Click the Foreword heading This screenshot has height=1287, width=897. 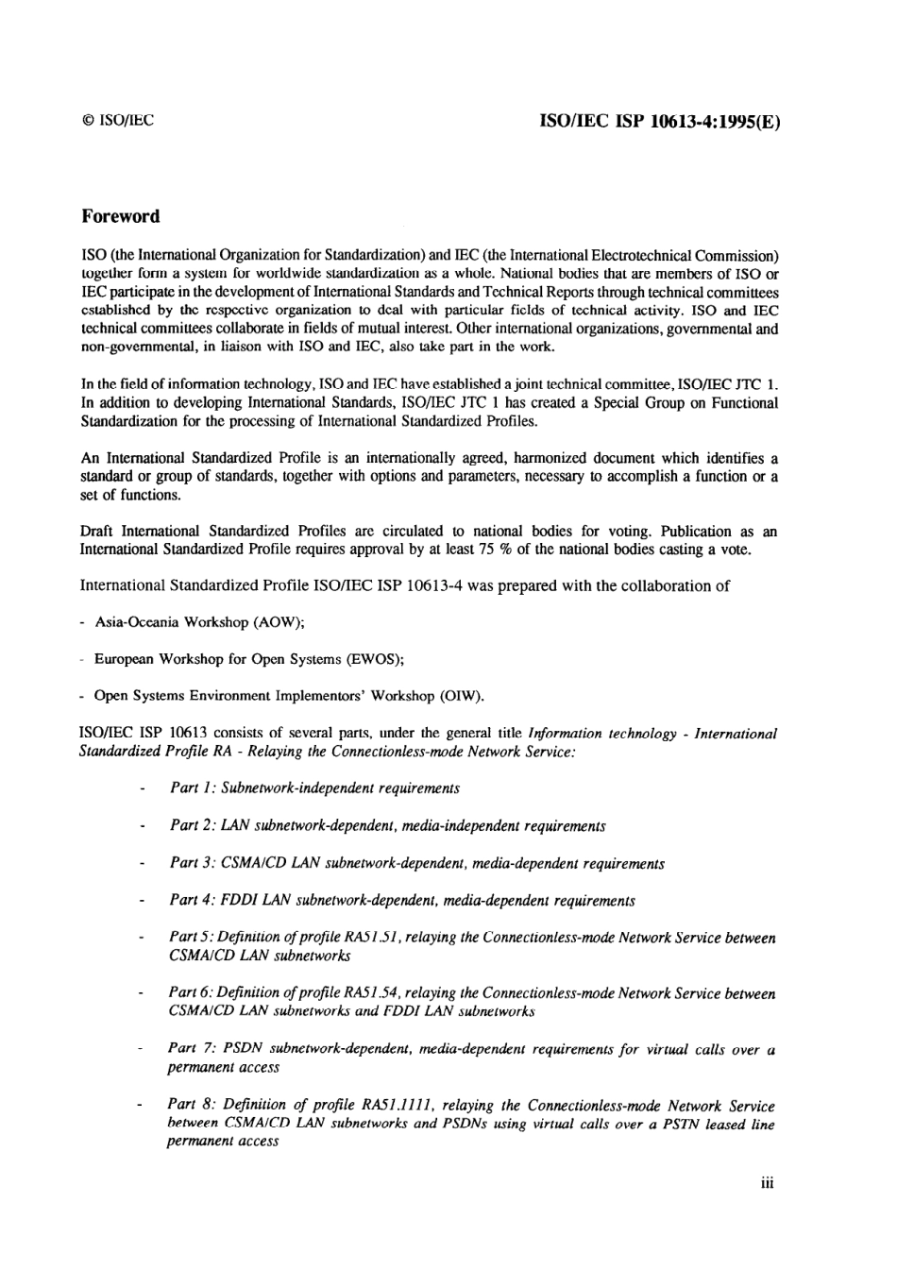click(x=120, y=216)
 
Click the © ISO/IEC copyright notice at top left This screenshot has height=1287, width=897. click(x=117, y=121)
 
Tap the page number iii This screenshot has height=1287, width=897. click(x=767, y=1183)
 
